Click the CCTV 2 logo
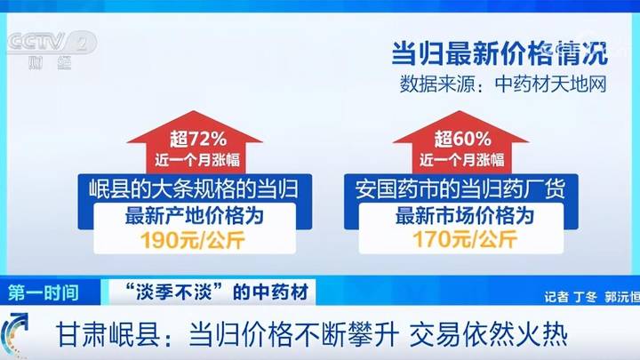click(52, 49)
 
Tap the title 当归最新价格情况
click(500, 53)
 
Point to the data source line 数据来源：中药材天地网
click(503, 84)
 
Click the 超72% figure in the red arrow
click(198, 140)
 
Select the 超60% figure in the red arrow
click(462, 140)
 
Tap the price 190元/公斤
click(193, 240)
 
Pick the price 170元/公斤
click(465, 239)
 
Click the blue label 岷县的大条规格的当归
click(194, 189)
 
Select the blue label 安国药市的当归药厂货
click(460, 189)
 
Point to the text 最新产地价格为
click(195, 216)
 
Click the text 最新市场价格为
click(465, 216)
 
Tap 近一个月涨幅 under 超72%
click(197, 160)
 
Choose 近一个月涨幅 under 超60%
click(461, 160)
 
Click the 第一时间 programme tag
click(44, 292)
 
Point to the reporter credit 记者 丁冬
click(571, 297)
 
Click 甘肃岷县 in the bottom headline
click(108, 335)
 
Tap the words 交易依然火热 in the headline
click(488, 335)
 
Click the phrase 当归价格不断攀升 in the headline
click(293, 335)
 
